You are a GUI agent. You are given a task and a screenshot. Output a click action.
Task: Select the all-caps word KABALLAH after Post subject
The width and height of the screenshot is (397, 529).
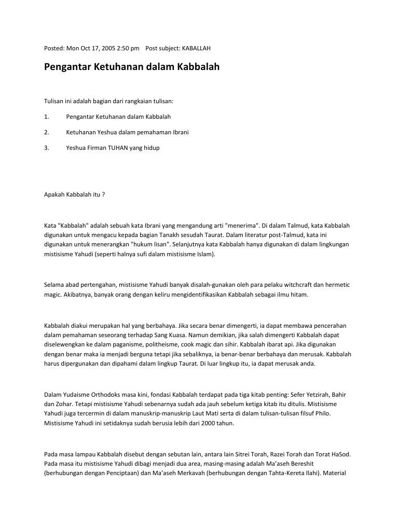[197, 48]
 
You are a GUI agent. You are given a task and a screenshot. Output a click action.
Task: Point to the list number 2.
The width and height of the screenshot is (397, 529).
[46, 132]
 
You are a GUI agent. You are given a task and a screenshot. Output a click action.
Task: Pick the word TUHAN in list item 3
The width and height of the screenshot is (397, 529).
[117, 148]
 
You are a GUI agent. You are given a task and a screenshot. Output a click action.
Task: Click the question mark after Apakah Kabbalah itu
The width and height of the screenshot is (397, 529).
[104, 195]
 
